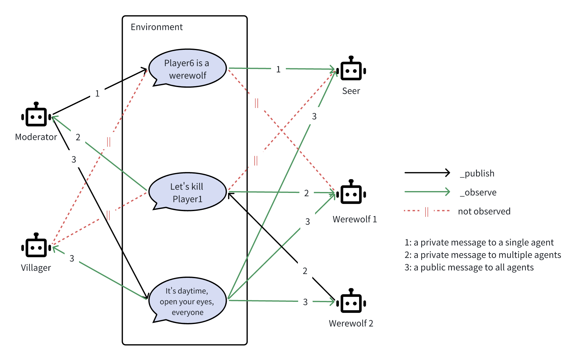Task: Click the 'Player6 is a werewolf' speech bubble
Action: (187, 69)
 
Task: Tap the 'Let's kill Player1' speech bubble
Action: (187, 192)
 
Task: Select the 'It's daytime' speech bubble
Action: (187, 301)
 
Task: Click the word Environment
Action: (157, 27)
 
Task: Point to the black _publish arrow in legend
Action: (427, 173)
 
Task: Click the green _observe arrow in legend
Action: (427, 192)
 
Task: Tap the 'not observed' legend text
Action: (484, 211)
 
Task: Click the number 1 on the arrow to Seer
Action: (278, 70)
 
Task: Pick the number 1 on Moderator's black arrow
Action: (97, 94)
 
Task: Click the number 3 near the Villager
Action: (72, 258)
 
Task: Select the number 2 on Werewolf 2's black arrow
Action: (305, 271)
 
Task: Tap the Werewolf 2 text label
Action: (351, 323)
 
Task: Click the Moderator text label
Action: (36, 137)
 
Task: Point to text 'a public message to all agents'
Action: (474, 267)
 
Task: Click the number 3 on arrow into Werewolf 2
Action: (305, 302)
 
